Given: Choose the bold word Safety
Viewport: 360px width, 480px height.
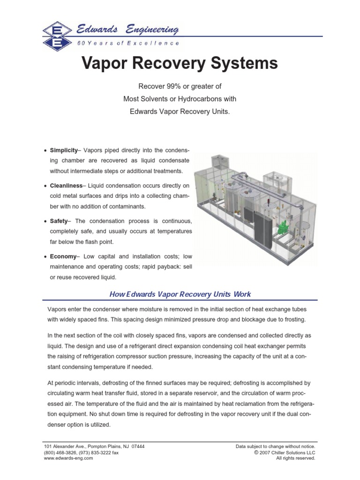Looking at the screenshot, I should [59, 221].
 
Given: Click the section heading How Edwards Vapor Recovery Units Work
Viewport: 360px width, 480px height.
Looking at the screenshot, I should [180, 294].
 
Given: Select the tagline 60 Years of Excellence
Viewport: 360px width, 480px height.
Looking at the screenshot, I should [127, 43].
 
